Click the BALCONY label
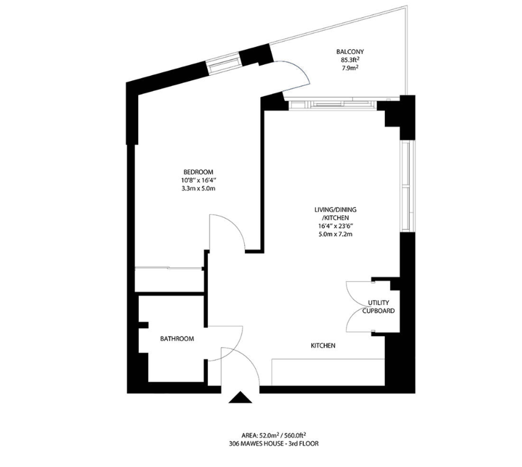[x=350, y=52]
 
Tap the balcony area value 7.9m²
[x=350, y=67]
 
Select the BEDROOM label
[x=198, y=172]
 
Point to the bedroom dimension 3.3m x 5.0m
[x=198, y=188]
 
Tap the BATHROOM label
[x=177, y=339]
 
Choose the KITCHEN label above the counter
[x=323, y=345]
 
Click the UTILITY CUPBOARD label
[x=378, y=307]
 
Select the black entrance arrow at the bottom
[x=240, y=398]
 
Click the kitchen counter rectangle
[x=328, y=372]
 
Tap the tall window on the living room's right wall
[x=407, y=186]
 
